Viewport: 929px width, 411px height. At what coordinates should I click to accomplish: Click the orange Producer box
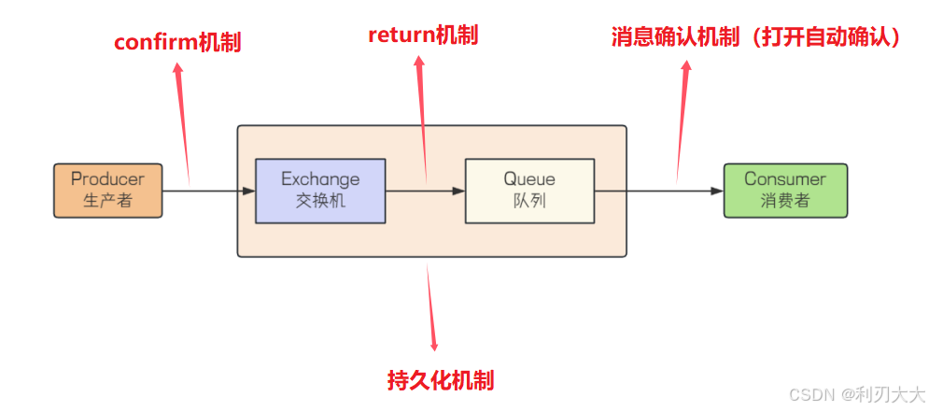pyautogui.click(x=107, y=191)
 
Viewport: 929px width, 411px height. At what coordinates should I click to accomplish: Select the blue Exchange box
pyautogui.click(x=319, y=191)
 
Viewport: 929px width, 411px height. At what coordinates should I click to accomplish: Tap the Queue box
pyautogui.click(x=529, y=191)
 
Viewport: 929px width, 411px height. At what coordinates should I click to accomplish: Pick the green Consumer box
pyautogui.click(x=785, y=191)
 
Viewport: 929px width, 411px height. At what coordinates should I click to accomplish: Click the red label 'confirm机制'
pyautogui.click(x=177, y=43)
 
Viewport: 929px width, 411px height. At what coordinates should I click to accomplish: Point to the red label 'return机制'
pyautogui.click(x=423, y=35)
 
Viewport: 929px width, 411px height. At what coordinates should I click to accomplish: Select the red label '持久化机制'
pyautogui.click(x=441, y=380)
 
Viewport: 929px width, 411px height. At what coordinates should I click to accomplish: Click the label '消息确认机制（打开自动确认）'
pyautogui.click(x=754, y=37)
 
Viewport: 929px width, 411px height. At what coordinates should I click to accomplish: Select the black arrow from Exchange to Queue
pyautogui.click(x=425, y=191)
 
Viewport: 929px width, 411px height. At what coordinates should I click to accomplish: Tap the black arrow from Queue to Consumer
pyautogui.click(x=659, y=191)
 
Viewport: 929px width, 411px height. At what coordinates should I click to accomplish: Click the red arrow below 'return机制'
pyautogui.click(x=423, y=117)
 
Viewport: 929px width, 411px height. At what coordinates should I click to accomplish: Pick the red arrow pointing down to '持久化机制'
pyautogui.click(x=431, y=308)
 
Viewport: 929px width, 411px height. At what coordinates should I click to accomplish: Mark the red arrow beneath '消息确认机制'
pyautogui.click(x=683, y=121)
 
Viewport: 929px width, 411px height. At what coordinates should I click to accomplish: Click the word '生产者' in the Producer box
pyautogui.click(x=107, y=200)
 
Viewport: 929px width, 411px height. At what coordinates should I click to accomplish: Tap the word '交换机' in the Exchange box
pyautogui.click(x=319, y=200)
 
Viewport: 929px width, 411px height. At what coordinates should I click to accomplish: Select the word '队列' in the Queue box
pyautogui.click(x=529, y=200)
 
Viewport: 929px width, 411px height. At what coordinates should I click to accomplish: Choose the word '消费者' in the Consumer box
pyautogui.click(x=785, y=200)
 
